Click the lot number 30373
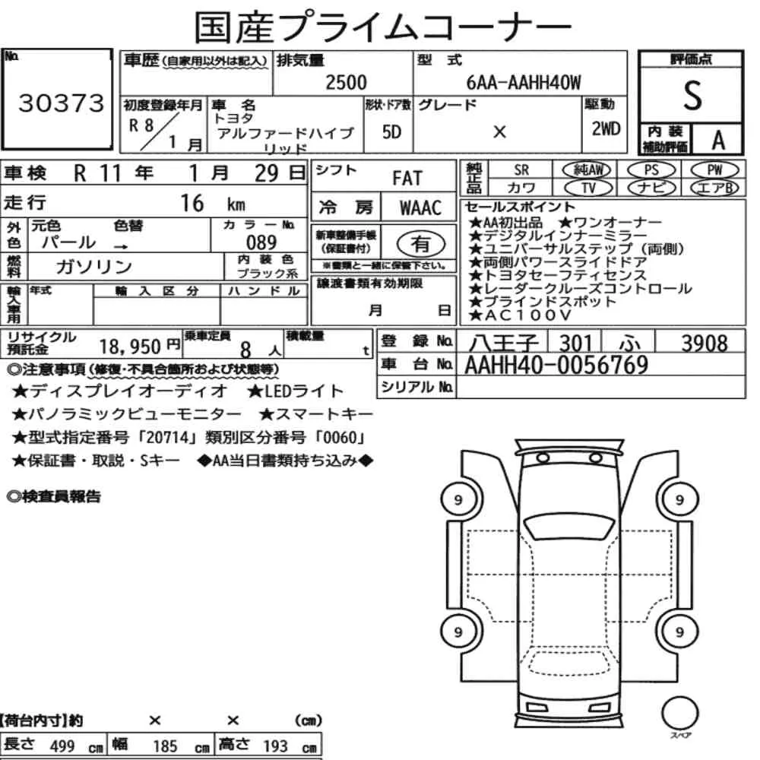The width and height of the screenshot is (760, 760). [61, 103]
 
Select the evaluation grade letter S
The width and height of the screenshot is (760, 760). [692, 96]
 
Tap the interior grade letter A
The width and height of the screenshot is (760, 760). [718, 141]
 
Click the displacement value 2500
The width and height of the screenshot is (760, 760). [346, 82]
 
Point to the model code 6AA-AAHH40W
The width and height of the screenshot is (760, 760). [524, 83]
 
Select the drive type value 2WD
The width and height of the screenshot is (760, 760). [606, 129]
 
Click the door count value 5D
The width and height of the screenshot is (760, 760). [391, 131]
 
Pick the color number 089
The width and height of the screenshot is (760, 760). [261, 242]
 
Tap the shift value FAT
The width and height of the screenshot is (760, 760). [407, 179]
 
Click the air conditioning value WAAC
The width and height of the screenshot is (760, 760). [420, 208]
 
